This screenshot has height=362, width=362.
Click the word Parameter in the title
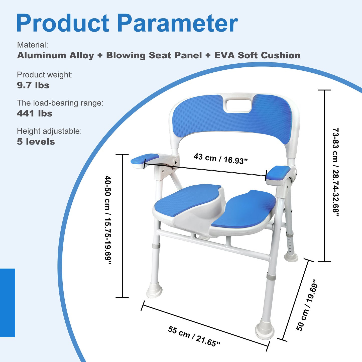(177, 23)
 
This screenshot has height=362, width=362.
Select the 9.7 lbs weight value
(33, 85)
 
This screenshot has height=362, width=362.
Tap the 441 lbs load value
(35, 113)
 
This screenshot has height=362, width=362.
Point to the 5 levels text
(36, 142)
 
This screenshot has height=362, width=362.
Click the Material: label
(32, 45)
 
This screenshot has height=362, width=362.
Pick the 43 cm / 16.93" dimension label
(220, 159)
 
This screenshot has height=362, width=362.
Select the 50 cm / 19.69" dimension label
(307, 305)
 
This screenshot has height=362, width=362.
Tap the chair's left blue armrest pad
(145, 159)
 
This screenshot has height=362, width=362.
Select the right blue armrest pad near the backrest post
(278, 173)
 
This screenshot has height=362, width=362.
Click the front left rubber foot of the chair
(154, 290)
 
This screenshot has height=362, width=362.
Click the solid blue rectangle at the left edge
(8, 303)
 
